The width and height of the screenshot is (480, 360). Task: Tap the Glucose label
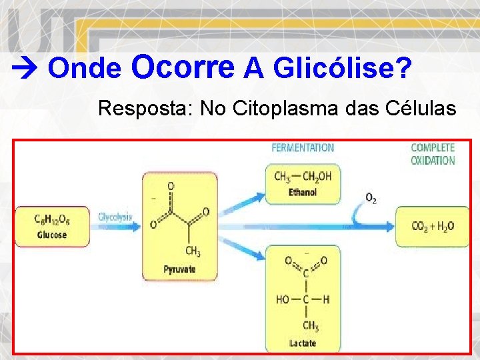[52, 235]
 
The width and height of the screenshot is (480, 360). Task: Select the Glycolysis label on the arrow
[115, 217]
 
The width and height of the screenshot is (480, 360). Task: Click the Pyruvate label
[180, 269]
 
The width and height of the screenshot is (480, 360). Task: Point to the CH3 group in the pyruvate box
[193, 251]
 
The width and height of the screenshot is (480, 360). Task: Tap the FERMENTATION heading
[303, 147]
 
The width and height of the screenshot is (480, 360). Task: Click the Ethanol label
[303, 192]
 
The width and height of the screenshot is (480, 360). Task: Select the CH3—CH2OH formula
[303, 176]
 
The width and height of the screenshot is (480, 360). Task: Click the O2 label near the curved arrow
[371, 198]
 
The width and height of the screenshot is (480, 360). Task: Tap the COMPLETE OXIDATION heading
[433, 154]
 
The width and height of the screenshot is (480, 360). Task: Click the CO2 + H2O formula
[433, 226]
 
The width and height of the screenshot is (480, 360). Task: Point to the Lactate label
[303, 343]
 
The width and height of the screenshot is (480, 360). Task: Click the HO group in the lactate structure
[283, 299]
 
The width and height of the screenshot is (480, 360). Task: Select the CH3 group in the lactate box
[311, 326]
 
